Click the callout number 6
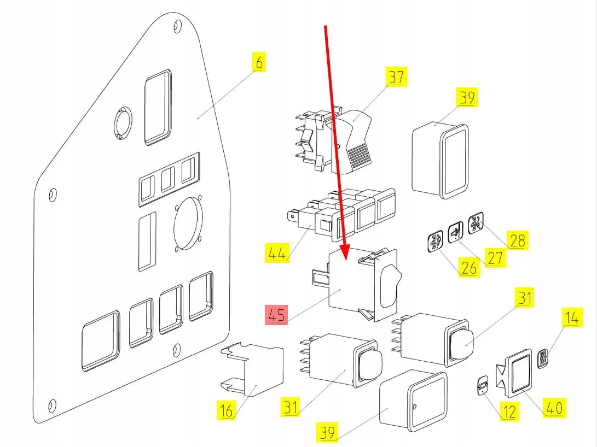click(259, 62)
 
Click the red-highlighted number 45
click(276, 315)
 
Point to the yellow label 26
click(468, 268)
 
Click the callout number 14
click(571, 318)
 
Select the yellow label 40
click(554, 407)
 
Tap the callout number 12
click(509, 411)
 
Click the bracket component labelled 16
click(253, 369)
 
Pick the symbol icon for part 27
click(455, 232)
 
